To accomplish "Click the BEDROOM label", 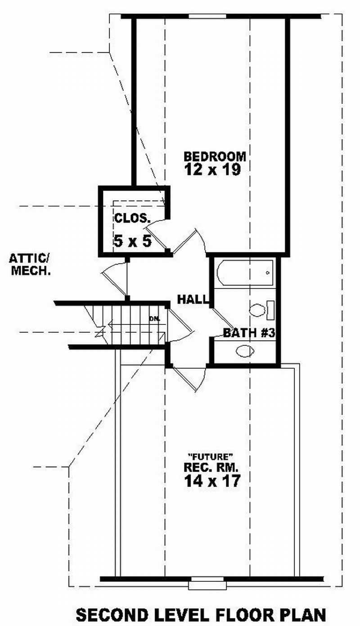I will click(x=215, y=156).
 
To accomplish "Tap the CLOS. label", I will click(x=132, y=219).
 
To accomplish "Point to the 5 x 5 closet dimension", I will click(x=132, y=241).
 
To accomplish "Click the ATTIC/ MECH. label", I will click(x=29, y=265).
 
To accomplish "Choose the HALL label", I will click(x=193, y=299).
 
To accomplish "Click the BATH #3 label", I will click(x=249, y=333).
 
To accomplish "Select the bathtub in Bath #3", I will click(x=245, y=273).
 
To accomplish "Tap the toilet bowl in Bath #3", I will click(x=258, y=311).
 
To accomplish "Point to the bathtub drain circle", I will click(x=268, y=273).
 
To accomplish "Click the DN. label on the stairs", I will click(x=155, y=319).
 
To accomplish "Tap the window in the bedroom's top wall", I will click(x=207, y=17).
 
